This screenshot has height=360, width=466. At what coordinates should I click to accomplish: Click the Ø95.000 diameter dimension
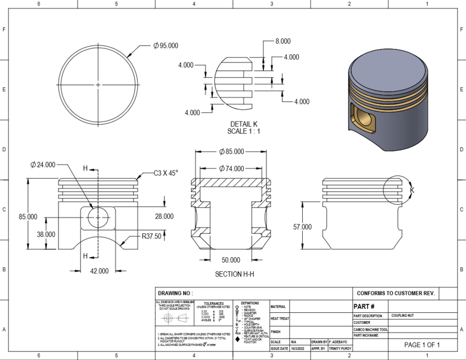point(165,46)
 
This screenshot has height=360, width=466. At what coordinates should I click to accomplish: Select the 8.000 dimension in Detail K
point(283,41)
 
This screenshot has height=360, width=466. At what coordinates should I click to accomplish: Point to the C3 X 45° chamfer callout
point(165,173)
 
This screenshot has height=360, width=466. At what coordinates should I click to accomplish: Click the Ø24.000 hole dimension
point(43,165)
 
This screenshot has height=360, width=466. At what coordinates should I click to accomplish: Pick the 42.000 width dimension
point(100,271)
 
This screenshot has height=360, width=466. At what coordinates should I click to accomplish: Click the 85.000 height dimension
point(28,217)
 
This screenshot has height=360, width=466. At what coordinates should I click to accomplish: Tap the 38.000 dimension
point(46,234)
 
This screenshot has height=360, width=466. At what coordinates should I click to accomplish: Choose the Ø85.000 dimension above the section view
point(231,151)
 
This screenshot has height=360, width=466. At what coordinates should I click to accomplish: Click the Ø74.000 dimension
point(231,168)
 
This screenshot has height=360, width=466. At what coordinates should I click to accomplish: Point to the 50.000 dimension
point(231,260)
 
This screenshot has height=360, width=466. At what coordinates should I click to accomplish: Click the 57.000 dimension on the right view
point(302,227)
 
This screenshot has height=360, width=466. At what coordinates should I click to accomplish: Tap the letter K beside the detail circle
point(411,190)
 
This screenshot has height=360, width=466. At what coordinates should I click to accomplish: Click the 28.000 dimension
point(164,216)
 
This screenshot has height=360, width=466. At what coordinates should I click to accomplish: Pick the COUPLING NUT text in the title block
point(403,316)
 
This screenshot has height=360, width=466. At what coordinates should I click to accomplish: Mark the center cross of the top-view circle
point(98,85)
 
